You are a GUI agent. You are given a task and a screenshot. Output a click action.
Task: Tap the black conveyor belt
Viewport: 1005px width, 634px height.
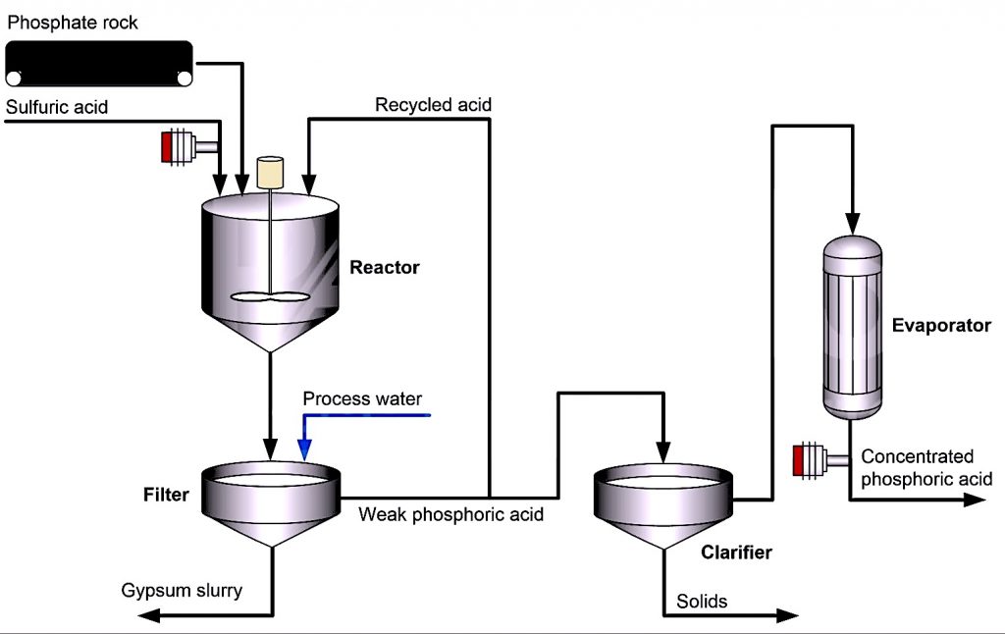[x=98, y=63]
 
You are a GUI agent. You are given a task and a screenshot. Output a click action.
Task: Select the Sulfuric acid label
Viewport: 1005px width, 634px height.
[x=56, y=106]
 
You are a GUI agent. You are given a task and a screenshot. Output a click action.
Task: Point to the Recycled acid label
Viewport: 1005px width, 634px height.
[x=433, y=104]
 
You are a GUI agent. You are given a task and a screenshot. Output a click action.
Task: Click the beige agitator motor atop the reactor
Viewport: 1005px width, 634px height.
[x=270, y=173]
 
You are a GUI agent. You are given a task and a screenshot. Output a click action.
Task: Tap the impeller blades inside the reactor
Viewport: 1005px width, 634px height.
[x=269, y=297]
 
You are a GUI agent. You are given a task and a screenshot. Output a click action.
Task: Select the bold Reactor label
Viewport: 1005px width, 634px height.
[x=384, y=267]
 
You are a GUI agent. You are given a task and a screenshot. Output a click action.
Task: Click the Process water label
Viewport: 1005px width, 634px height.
[x=362, y=398]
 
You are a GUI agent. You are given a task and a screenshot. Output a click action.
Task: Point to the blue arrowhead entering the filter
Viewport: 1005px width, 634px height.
[x=304, y=450]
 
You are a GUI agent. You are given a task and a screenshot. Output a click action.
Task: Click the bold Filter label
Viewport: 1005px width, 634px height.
[x=166, y=495]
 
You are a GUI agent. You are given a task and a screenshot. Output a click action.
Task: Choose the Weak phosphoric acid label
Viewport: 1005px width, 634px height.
[x=450, y=513]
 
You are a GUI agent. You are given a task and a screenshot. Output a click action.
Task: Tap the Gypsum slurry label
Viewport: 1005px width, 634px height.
[x=182, y=590]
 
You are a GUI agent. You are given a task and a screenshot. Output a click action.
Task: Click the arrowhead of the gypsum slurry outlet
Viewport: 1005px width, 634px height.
[x=149, y=615]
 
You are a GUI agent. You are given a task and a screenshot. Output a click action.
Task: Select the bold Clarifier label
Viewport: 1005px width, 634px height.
[x=736, y=553]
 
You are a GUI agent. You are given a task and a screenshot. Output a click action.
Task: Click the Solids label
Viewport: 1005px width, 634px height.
[x=702, y=601]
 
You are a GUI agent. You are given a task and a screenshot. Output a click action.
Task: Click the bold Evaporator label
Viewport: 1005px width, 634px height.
[x=941, y=325]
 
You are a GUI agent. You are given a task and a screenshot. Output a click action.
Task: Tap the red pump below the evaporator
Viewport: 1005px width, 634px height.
[x=811, y=458]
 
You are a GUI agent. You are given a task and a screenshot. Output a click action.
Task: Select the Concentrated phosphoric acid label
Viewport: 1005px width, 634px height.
[x=926, y=468]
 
